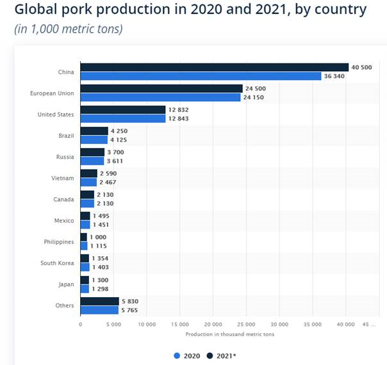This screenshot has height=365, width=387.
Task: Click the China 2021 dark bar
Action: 214,67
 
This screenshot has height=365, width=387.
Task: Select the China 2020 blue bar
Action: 201,76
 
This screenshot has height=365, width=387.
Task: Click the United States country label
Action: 56,115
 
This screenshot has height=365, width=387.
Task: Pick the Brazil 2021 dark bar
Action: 94,131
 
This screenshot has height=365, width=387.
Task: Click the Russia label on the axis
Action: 65,157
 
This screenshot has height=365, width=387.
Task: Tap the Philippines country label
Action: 58,242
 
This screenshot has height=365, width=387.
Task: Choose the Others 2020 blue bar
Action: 99,310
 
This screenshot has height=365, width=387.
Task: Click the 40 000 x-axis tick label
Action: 346,325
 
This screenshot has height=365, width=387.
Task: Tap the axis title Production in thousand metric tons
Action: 222,334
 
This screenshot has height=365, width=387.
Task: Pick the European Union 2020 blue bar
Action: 160,97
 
